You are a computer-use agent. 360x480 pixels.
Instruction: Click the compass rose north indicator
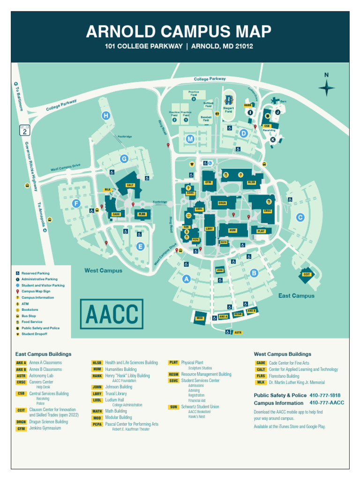pyautogui.click(x=326, y=87)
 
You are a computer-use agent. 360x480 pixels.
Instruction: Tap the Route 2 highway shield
pyautogui.click(x=24, y=131)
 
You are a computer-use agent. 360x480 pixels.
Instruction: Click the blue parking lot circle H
pyautogui.click(x=106, y=116)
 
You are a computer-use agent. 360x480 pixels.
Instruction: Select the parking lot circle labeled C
pyautogui.click(x=300, y=217)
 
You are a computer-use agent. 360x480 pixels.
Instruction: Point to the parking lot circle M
pyautogui.click(x=190, y=139)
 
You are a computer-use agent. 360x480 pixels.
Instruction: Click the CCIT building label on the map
pyautogui.click(x=307, y=274)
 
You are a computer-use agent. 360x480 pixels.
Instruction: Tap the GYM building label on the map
pyautogui.click(x=209, y=182)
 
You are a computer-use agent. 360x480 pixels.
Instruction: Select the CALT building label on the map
pyautogui.click(x=130, y=185)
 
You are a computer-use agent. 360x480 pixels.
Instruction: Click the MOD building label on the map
pyautogui.click(x=199, y=318)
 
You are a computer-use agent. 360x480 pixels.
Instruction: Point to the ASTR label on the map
pyautogui.click(x=238, y=332)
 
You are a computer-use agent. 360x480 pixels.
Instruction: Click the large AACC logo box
pyautogui.click(x=112, y=314)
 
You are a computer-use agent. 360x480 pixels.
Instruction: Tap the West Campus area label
pyautogui.click(x=103, y=270)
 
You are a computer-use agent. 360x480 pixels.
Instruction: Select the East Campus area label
pyautogui.click(x=296, y=296)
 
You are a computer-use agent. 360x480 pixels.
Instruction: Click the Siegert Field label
pyautogui.click(x=228, y=110)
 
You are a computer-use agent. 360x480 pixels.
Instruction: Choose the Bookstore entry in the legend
pyautogui.click(x=30, y=310)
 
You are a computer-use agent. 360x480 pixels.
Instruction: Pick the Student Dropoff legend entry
pyautogui.click(x=34, y=334)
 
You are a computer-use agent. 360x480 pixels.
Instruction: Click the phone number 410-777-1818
pyautogui.click(x=325, y=395)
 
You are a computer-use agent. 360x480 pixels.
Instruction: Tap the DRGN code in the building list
pyautogui.click(x=21, y=422)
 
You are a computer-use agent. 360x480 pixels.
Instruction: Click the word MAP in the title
pyautogui.click(x=248, y=32)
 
